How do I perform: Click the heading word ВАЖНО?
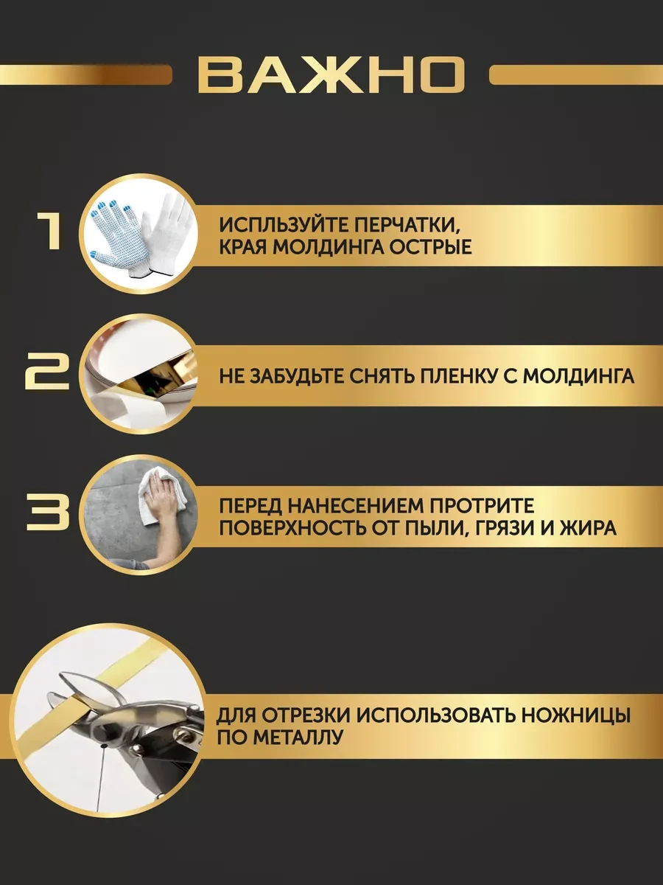pos(331,74)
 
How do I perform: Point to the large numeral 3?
pos(49,512)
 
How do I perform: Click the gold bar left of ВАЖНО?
pos(85,74)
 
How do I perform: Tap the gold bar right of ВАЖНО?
pos(575,74)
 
